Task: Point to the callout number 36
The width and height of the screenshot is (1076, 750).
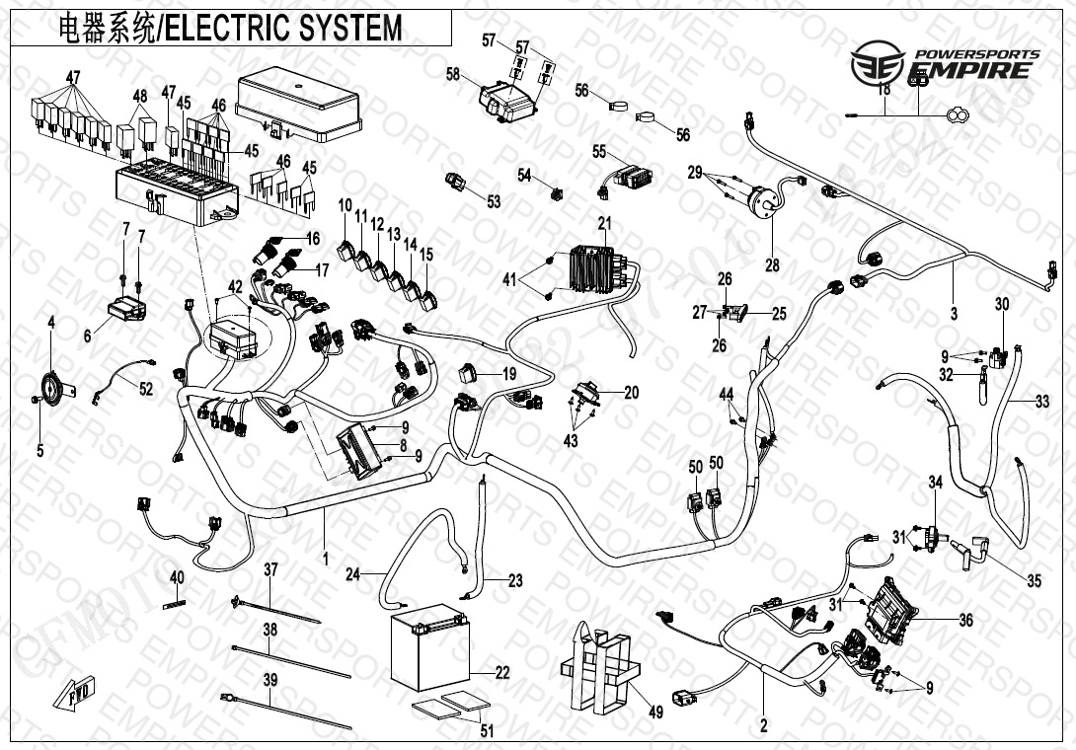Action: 965,621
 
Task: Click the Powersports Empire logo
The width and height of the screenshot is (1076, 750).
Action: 943,63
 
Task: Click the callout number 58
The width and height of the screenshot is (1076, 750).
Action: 453,74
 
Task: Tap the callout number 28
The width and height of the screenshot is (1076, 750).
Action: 772,264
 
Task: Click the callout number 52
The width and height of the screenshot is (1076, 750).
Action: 145,390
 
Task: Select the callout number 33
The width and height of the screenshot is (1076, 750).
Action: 1041,402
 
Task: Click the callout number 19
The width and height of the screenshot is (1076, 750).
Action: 509,374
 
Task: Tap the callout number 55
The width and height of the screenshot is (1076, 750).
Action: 599,151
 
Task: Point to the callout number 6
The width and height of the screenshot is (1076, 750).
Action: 88,337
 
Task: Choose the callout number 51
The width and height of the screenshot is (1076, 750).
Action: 485,731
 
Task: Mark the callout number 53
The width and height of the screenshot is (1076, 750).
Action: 494,201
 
